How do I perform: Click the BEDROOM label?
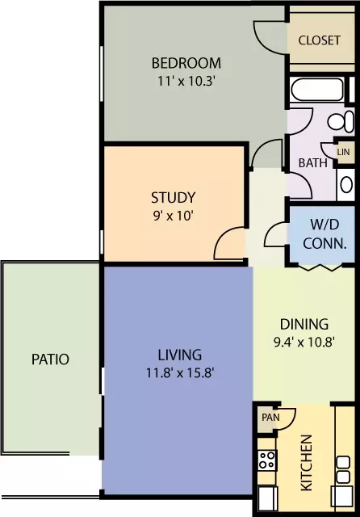[186, 63]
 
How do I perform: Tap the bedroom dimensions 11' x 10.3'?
[186, 81]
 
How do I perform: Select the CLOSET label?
[319, 40]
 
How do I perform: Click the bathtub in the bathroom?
[317, 90]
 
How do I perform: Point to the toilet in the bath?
[341, 121]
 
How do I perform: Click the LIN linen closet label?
[343, 152]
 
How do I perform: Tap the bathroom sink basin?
[346, 184]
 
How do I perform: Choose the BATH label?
[313, 163]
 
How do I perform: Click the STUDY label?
[174, 197]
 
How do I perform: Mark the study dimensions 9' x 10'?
[173, 216]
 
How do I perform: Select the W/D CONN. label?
[324, 233]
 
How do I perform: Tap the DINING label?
[304, 325]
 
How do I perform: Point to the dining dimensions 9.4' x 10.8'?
[304, 343]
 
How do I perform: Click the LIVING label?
[180, 355]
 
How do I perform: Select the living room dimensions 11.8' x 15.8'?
[180, 373]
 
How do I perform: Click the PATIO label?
[50, 359]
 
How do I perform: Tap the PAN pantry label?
[270, 418]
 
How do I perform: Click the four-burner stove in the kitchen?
[267, 460]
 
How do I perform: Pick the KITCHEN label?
[307, 463]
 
